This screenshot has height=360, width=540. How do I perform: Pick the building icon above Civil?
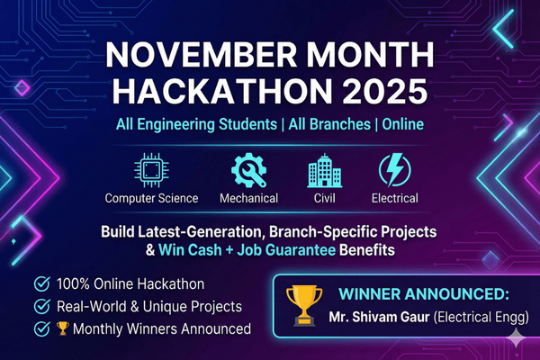pyautogui.click(x=323, y=170)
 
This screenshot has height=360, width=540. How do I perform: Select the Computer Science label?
pyautogui.click(x=148, y=198)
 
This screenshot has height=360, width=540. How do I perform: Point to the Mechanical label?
pyautogui.click(x=248, y=198)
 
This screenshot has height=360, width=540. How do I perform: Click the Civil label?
pyautogui.click(x=324, y=198)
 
